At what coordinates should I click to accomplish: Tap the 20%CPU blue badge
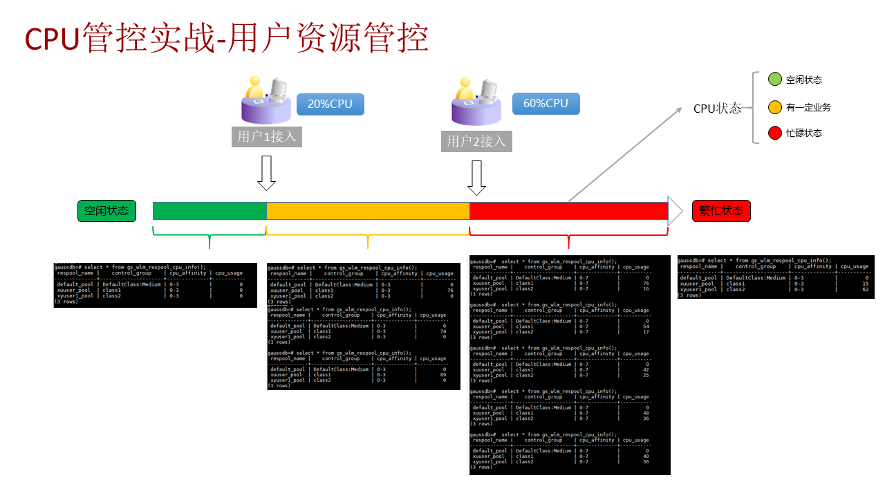pos(330,104)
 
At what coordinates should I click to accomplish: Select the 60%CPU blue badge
pos(546,104)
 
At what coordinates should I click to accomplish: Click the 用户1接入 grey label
pos(266,136)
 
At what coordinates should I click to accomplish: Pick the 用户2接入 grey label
pos(476,141)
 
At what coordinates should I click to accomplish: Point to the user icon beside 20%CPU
pos(265,99)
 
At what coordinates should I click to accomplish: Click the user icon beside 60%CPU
pos(476,101)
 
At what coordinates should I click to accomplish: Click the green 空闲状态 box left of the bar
pos(106,211)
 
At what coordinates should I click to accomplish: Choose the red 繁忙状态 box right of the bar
pos(720,211)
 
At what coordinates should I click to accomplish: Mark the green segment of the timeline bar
pos(209,211)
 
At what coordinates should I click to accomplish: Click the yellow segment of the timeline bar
pos(368,211)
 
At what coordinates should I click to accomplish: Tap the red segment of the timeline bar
pos(568,211)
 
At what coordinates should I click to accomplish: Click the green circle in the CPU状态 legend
pos(774,80)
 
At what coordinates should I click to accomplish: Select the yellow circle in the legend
pos(774,107)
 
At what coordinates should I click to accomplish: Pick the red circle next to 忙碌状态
pos(774,133)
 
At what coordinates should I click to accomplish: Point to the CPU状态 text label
pos(717,109)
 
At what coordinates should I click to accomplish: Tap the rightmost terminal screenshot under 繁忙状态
pos(776,277)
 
